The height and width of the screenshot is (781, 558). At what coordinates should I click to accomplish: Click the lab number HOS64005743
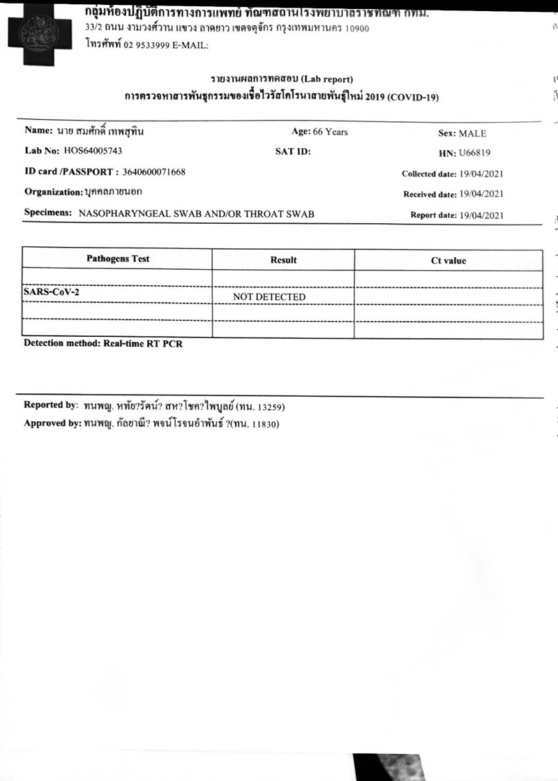(95, 151)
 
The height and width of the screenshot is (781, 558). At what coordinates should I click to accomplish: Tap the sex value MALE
(472, 133)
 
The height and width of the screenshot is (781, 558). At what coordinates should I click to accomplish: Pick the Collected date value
(482, 174)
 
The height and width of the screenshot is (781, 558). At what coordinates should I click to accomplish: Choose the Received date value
(482, 195)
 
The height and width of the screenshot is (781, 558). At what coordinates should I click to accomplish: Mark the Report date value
(482, 215)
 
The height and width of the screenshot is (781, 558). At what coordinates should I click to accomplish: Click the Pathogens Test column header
(118, 259)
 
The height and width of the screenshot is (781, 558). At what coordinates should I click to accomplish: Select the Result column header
(283, 260)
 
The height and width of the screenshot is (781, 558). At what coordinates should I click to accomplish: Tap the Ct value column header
(448, 261)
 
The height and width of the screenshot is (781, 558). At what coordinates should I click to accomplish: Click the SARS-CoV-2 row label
(51, 292)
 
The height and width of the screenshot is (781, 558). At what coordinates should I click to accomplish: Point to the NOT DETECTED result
(269, 297)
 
